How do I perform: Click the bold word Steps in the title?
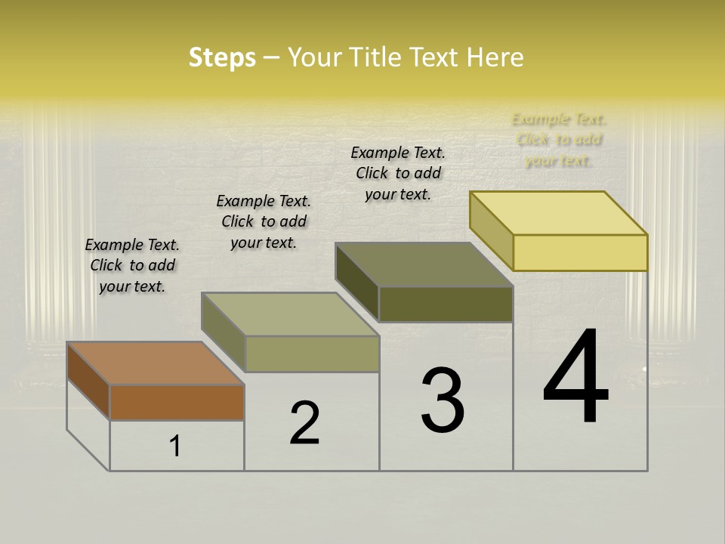coord(222,57)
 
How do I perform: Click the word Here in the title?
coord(495,57)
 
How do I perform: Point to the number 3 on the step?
coord(443,400)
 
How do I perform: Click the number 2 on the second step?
coord(304,423)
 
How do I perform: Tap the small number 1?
coord(175,447)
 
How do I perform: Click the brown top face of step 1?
coord(155,363)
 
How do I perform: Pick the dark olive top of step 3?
coord(424,264)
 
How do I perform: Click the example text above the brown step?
coord(132,265)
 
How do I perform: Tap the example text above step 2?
coord(264,221)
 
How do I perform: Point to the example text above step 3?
coord(398,173)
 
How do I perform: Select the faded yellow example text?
coord(559,140)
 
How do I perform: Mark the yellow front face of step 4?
coord(580,252)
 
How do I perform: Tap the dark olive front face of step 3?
coord(446,304)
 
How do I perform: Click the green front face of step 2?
coord(312,354)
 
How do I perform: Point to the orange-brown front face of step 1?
coord(177,402)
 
